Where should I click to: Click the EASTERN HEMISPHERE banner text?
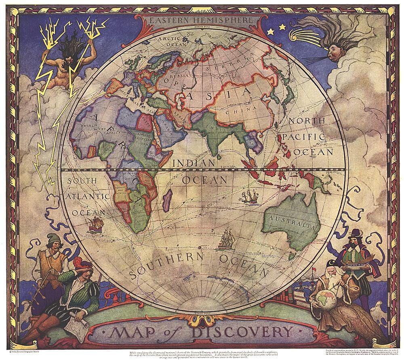[x=201, y=20]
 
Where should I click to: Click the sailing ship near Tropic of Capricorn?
[x=249, y=197]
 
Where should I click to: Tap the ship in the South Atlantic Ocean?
[x=96, y=224]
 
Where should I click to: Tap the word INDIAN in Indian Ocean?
[x=194, y=163]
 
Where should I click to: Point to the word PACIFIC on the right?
[x=304, y=137]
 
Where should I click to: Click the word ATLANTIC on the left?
[x=88, y=197]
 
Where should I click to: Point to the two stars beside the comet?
[x=276, y=28]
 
